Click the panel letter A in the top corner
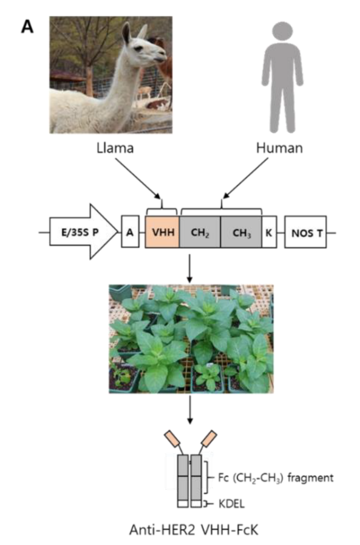tap(27, 26)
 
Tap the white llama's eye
tap(139, 49)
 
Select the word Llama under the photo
tap(115, 148)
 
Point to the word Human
tap(280, 148)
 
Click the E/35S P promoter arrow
tap(84, 232)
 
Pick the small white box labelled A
tap(130, 232)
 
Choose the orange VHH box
tap(162, 232)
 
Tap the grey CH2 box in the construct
tap(200, 232)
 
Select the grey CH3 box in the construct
tap(241, 232)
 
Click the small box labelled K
tap(269, 232)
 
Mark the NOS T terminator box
tap(305, 232)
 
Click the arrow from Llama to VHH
tap(138, 178)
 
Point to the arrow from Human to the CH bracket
tap(245, 178)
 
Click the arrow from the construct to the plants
tap(189, 268)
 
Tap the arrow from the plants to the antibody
tap(190, 409)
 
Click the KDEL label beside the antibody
tap(232, 503)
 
